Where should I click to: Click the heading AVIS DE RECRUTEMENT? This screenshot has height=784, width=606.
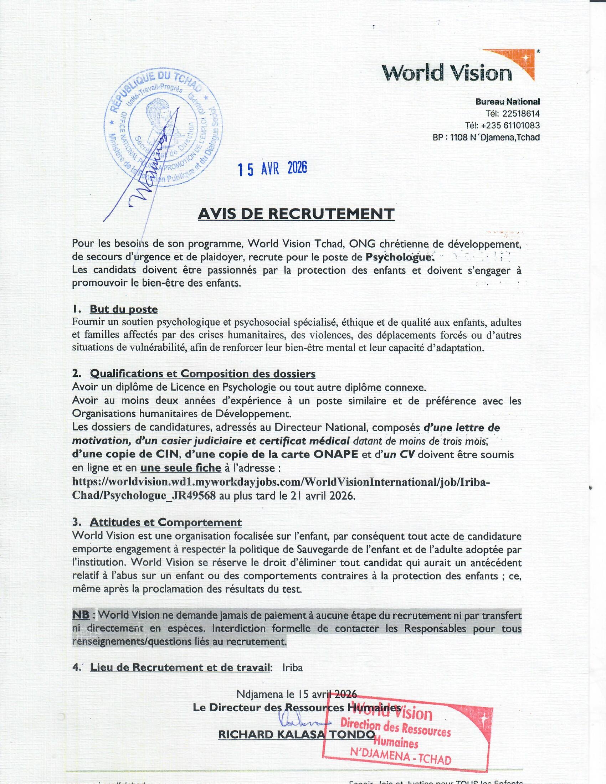(x=296, y=214)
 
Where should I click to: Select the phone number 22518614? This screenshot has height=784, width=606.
(x=521, y=114)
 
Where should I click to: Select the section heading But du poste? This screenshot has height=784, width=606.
(x=123, y=309)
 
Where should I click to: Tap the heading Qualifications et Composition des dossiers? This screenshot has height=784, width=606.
(x=202, y=374)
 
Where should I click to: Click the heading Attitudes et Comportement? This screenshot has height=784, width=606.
(x=165, y=522)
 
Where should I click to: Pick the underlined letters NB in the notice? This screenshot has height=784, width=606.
(x=81, y=615)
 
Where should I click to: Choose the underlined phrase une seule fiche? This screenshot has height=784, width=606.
(x=181, y=468)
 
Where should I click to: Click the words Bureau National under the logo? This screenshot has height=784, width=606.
(x=508, y=102)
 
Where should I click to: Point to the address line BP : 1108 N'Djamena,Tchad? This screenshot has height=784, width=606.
(x=486, y=138)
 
